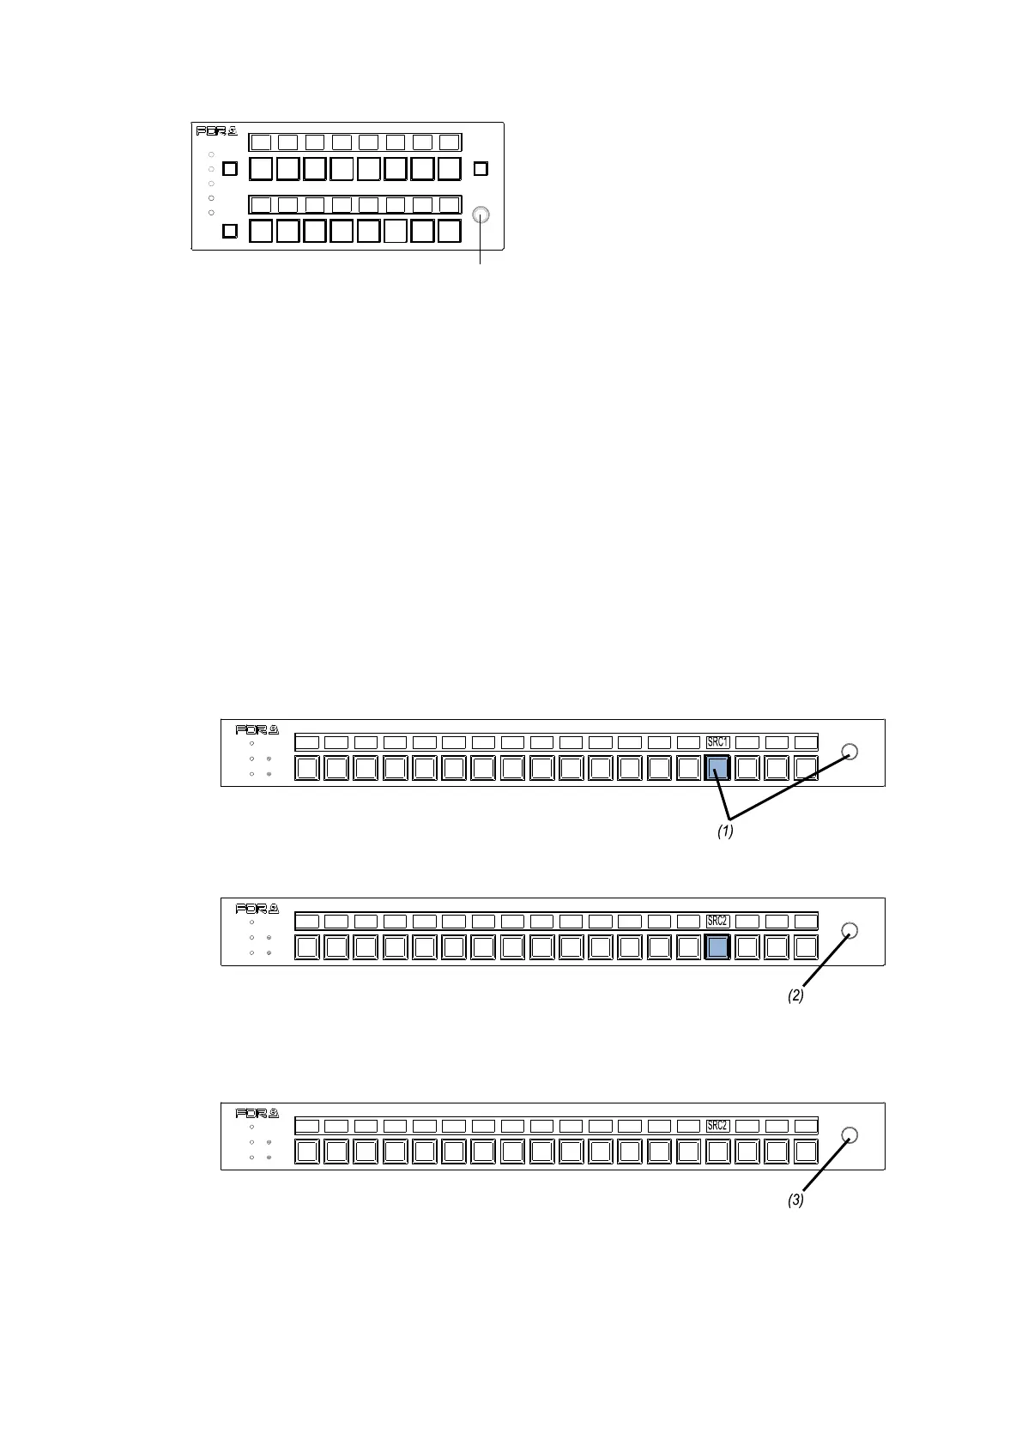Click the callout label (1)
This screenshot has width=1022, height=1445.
pos(725,831)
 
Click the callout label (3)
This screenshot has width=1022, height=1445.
pos(795,1201)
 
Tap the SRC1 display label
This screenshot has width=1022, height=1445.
pos(717,742)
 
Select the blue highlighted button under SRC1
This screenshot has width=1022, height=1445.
pos(717,768)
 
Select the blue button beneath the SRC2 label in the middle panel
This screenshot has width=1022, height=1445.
pos(717,947)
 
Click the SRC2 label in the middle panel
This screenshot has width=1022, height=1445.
pos(717,922)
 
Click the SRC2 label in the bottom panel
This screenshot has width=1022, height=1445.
pos(717,1126)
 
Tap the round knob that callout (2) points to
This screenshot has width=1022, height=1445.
pos(850,931)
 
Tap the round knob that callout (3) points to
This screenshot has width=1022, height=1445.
pos(850,1135)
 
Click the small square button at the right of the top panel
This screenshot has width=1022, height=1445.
pos(481,168)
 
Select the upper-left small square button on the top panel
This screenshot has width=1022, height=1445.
pos(229,168)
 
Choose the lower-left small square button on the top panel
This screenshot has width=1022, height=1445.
pos(229,231)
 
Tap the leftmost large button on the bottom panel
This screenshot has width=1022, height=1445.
pos(306,1152)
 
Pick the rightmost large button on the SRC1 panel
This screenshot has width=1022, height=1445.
pos(806,768)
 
